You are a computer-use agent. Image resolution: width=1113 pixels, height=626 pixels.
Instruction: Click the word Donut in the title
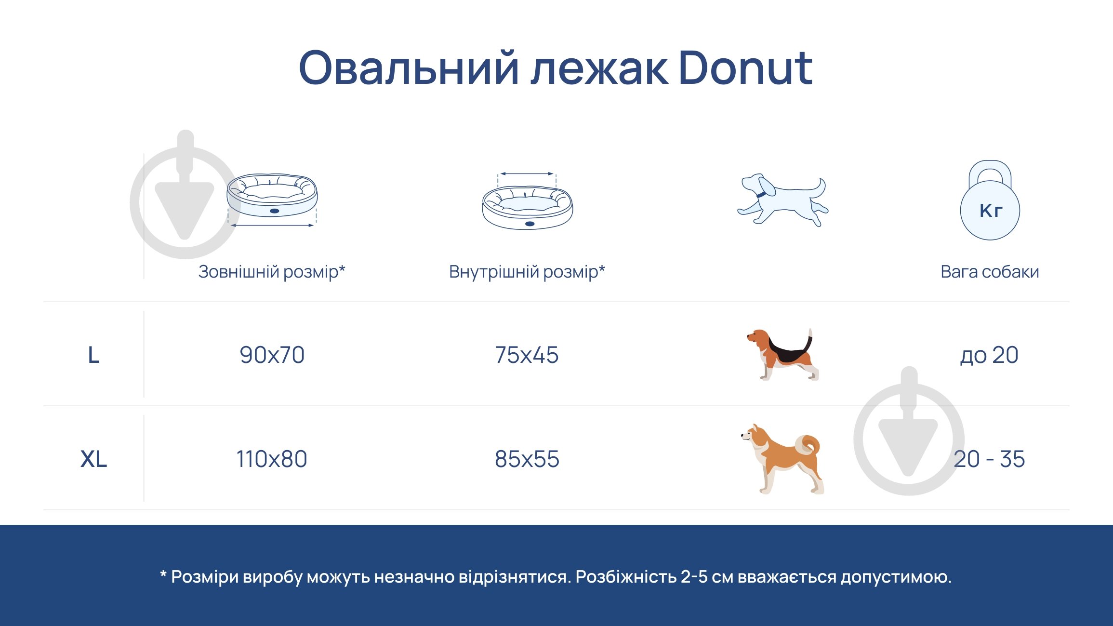[745, 68]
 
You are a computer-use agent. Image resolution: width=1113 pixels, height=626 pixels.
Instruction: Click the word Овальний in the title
[409, 68]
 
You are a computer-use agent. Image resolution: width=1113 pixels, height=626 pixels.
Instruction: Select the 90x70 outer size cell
[272, 355]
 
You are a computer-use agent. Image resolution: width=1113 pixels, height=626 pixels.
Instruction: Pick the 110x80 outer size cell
[272, 459]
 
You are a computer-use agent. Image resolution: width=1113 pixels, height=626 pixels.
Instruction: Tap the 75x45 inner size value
[527, 355]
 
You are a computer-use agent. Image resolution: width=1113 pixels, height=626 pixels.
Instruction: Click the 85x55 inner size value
[527, 459]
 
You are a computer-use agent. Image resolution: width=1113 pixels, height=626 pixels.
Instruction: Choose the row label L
[93, 356]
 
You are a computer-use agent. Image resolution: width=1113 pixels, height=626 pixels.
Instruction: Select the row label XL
[93, 459]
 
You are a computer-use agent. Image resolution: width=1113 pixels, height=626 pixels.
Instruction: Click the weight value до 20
[989, 355]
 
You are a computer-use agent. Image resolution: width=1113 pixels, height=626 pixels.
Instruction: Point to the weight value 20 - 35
[989, 459]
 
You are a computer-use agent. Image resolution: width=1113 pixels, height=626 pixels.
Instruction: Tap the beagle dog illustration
[782, 355]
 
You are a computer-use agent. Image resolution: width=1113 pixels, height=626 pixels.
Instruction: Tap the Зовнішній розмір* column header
[272, 272]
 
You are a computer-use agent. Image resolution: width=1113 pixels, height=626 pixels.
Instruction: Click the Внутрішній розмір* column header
[527, 272]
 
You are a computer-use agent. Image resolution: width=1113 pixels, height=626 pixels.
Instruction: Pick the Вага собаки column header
[990, 272]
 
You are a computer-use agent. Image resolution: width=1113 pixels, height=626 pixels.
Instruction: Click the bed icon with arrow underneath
[272, 200]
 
